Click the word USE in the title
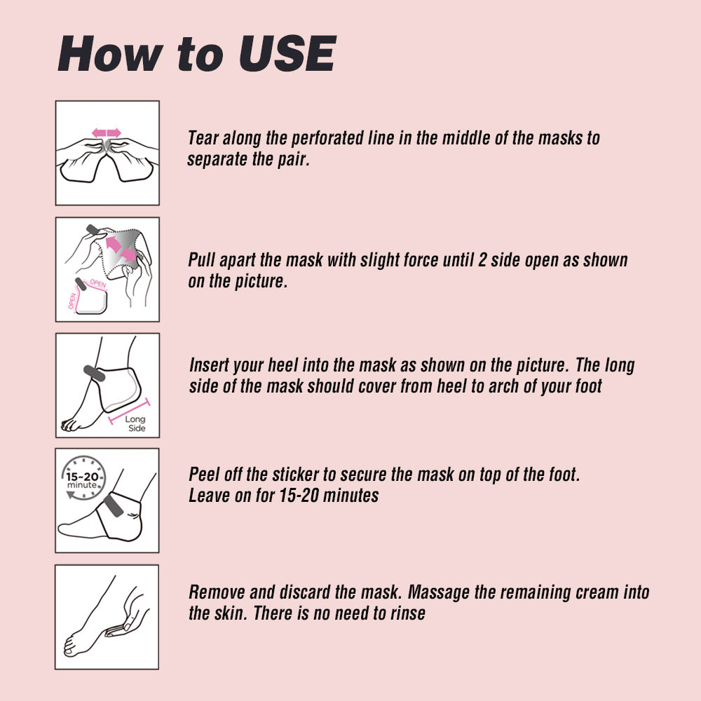pyautogui.click(x=287, y=54)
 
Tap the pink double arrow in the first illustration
pyautogui.click(x=107, y=132)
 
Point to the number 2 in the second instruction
pyautogui.click(x=482, y=260)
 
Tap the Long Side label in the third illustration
pyautogui.click(x=135, y=423)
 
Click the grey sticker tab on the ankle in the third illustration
pyautogui.click(x=95, y=373)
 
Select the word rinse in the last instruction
pyautogui.click(x=408, y=614)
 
